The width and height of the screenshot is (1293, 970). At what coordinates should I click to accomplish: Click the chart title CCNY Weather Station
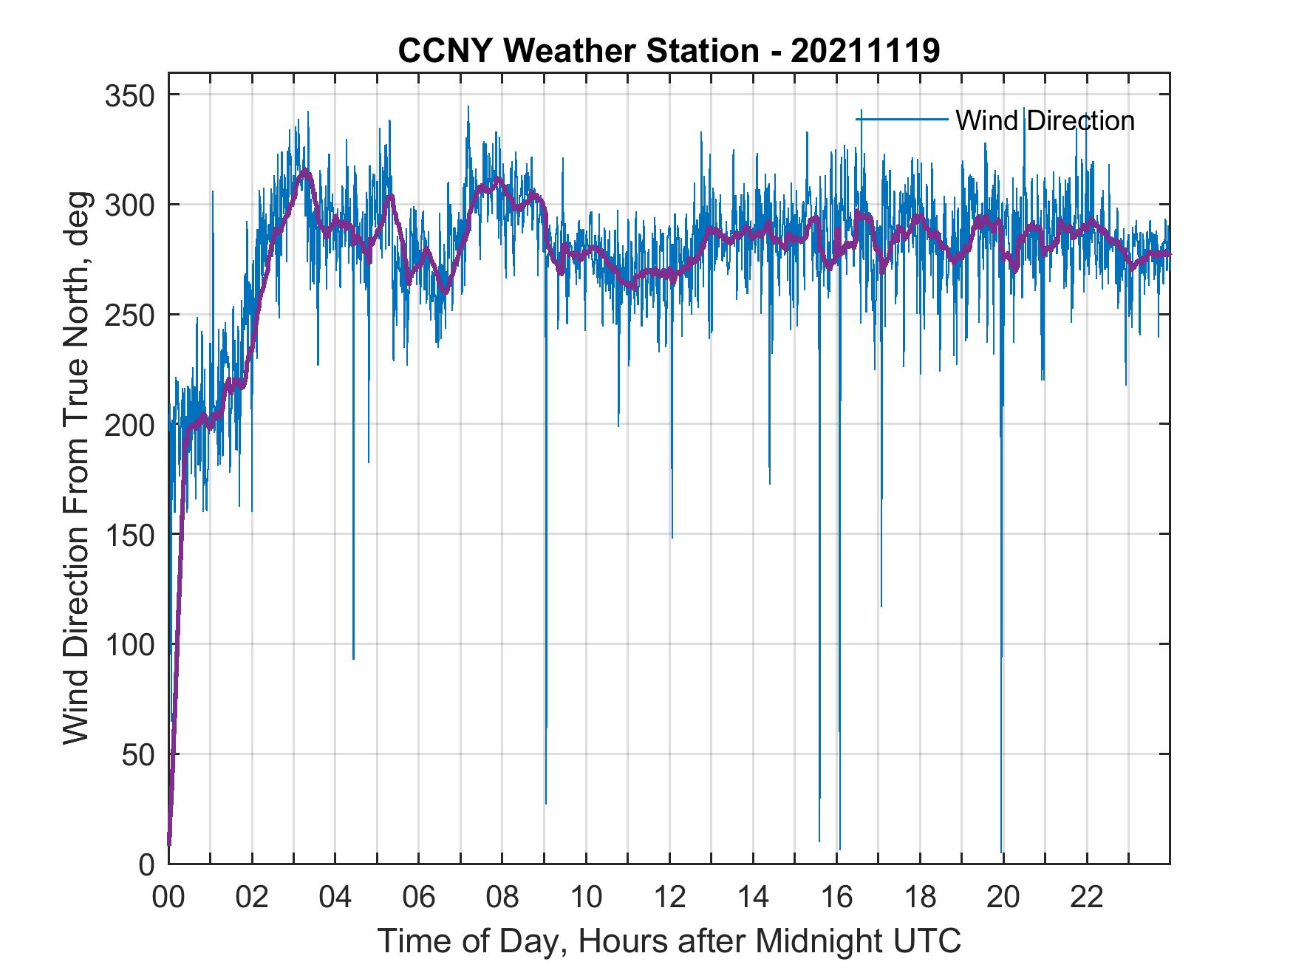(669, 51)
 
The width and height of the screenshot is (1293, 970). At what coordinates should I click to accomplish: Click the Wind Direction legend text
(1045, 120)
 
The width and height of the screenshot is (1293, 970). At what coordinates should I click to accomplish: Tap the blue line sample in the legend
(902, 119)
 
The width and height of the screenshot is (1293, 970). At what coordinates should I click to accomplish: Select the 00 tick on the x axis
(168, 898)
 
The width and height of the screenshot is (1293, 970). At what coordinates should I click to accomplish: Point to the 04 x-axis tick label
(335, 898)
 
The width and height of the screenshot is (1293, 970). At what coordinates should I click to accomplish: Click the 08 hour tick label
(502, 898)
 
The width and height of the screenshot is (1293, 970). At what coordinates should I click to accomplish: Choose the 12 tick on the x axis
(669, 898)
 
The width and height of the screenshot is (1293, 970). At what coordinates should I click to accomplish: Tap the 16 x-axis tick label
(836, 898)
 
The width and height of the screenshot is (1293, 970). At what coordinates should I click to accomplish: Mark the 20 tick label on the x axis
(1003, 898)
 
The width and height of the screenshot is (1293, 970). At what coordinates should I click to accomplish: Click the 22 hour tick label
(1087, 898)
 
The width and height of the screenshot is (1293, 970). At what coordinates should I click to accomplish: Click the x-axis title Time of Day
(669, 940)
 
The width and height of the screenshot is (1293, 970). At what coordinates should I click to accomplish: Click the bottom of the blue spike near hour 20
(1001, 853)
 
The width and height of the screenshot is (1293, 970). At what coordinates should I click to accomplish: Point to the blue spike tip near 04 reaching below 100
(353, 658)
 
